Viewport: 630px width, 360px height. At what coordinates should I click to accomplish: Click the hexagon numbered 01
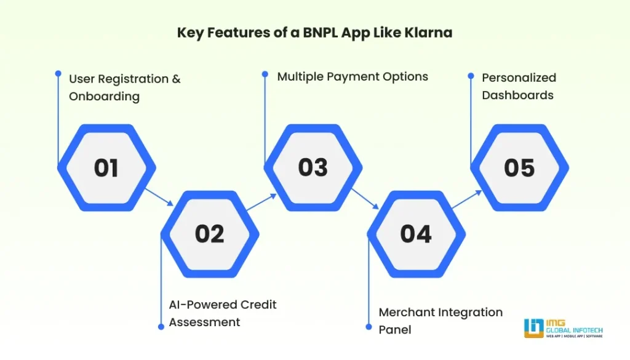tap(106, 167)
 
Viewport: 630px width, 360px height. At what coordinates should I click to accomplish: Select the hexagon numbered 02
tap(210, 233)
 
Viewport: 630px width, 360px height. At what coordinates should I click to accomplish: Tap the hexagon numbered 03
tap(313, 167)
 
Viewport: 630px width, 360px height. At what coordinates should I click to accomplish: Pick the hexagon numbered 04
tap(416, 233)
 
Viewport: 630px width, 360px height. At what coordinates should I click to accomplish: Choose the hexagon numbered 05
tap(519, 167)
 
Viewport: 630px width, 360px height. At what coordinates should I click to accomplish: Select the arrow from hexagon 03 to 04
tap(365, 200)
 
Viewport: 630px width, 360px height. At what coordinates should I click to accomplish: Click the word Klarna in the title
tap(430, 33)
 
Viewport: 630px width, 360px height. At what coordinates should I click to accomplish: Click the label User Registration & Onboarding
tap(124, 87)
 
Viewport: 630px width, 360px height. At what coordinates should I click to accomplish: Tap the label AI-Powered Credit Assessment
tap(223, 313)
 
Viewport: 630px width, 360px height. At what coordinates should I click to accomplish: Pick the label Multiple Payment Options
tap(353, 77)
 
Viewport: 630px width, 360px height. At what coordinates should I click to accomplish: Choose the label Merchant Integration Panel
tap(441, 321)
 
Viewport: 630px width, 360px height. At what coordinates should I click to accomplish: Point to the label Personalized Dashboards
tap(519, 86)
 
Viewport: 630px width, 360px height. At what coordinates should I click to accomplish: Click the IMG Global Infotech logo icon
tap(533, 327)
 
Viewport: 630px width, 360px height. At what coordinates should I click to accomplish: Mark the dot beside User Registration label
tap(58, 72)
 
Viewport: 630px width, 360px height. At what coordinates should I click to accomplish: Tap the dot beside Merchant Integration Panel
tap(367, 327)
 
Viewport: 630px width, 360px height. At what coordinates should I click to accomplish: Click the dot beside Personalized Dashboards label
tap(471, 76)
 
